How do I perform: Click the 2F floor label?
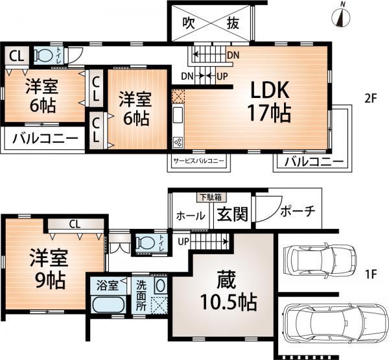pyautogui.click(x=370, y=99)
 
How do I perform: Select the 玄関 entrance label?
pyautogui.click(x=231, y=214)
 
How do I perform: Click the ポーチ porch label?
pyautogui.click(x=298, y=212)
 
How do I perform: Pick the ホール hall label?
pyautogui.click(x=191, y=215)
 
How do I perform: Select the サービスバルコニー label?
pyautogui.click(x=198, y=160)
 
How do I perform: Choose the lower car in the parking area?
pyautogui.click(x=325, y=323)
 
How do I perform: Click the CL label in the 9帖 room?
pyautogui.click(x=75, y=224)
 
